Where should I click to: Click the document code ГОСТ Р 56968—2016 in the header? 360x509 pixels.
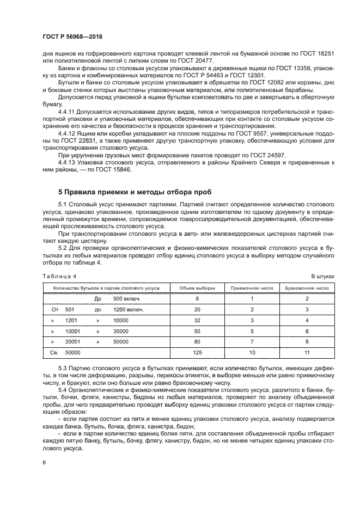pos(72,36)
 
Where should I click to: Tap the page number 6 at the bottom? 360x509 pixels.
pos(44,462)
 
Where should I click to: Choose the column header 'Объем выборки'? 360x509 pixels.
pos(193,287)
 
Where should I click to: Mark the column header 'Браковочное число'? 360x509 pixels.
pos(307,287)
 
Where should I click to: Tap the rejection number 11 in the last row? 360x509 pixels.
pos(307,352)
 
